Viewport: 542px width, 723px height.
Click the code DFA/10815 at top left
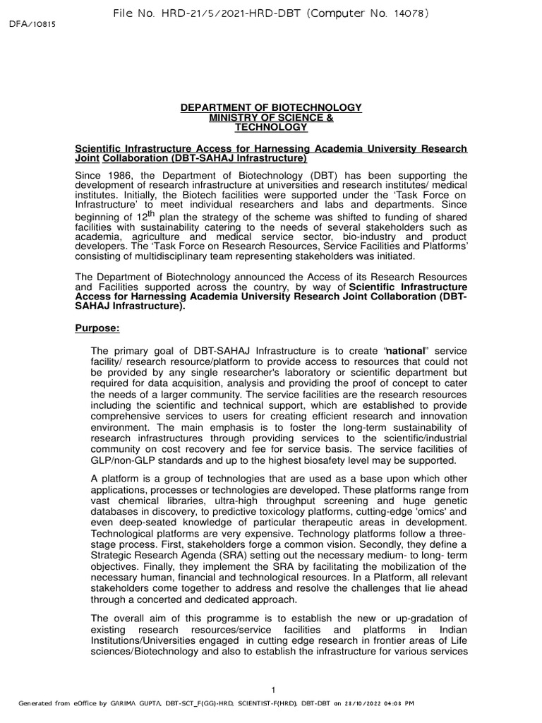[x=32, y=23]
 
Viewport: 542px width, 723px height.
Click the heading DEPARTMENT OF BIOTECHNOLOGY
[x=271, y=107]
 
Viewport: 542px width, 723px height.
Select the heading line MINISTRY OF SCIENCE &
[x=271, y=117]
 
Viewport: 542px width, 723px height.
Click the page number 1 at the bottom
[x=272, y=688]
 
